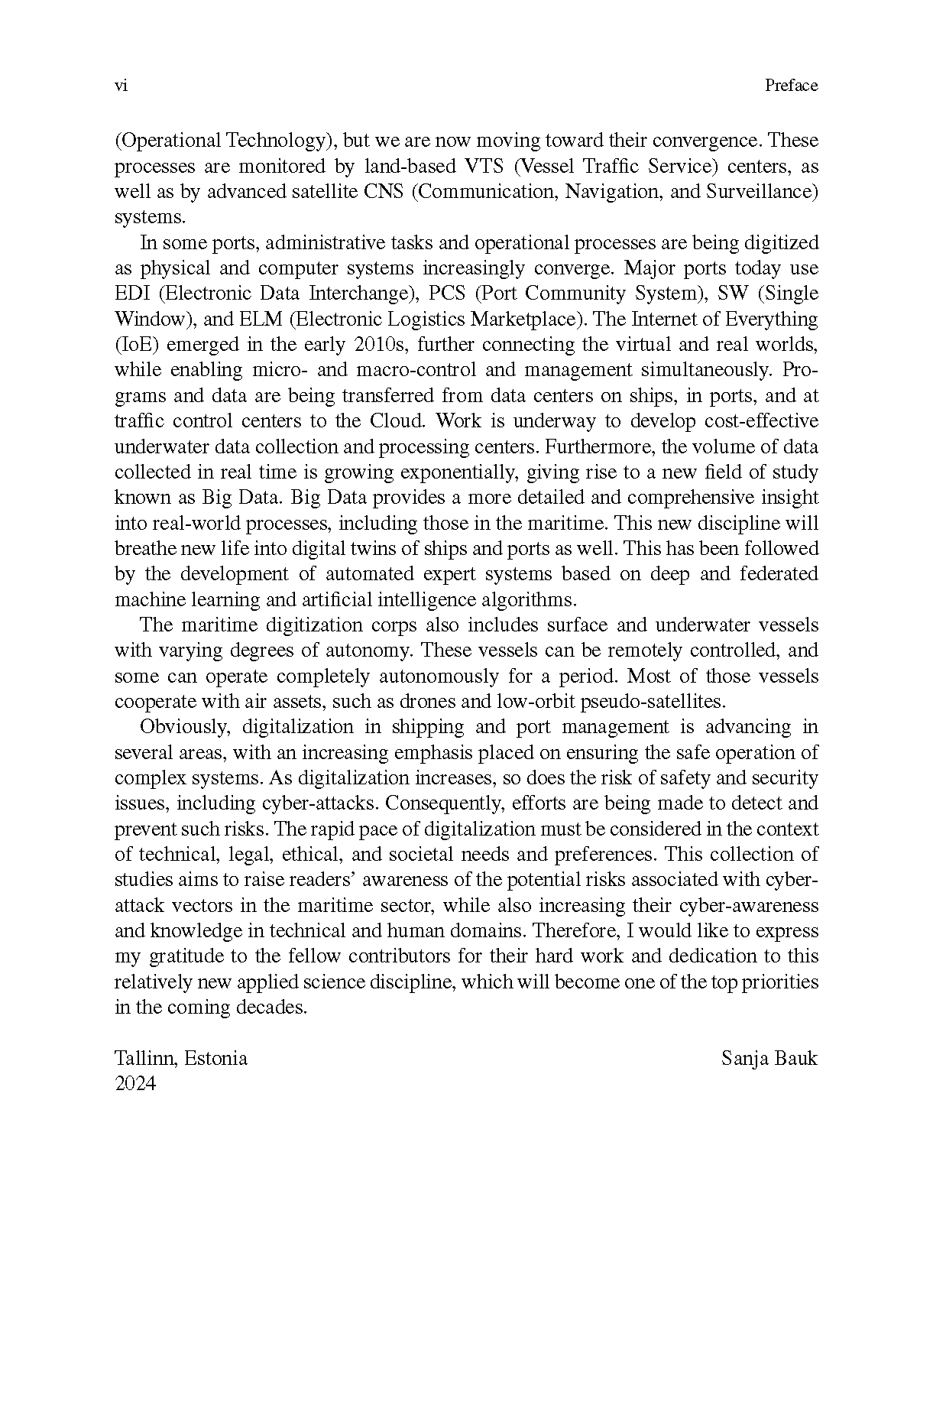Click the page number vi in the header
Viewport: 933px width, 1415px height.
[120, 86]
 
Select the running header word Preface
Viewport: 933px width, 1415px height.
[791, 86]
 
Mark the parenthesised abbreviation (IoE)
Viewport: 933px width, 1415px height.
[136, 345]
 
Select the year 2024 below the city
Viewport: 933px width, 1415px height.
[135, 1084]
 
